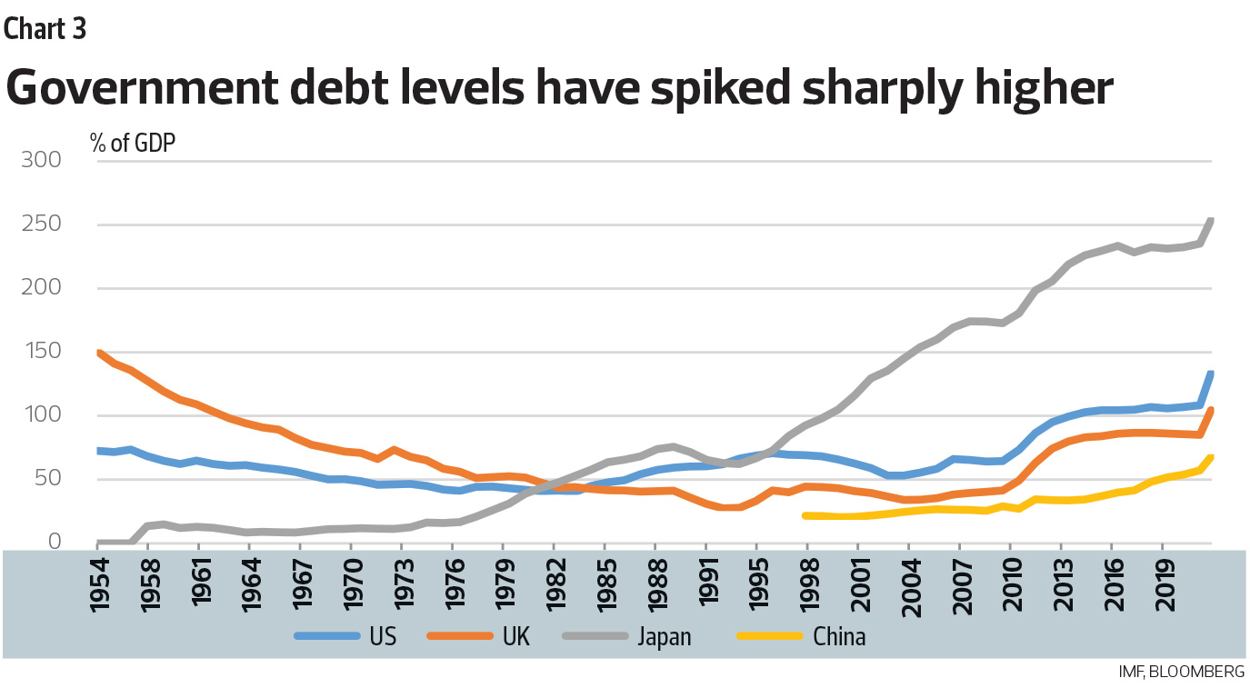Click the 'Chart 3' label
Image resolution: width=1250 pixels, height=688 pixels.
tap(45, 29)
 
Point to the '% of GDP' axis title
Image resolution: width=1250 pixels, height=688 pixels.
tap(133, 143)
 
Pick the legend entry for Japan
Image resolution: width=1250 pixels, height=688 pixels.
tap(663, 636)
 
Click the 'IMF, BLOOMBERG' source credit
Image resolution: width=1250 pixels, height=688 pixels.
tap(1181, 672)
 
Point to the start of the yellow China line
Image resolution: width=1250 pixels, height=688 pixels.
tap(805, 515)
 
